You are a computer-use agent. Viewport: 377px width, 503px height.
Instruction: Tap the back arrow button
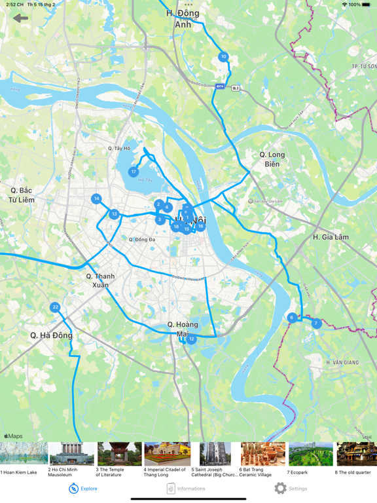[21, 18]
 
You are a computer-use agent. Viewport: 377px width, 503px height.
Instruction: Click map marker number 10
[223, 57]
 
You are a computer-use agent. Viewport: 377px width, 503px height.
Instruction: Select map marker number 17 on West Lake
[134, 172]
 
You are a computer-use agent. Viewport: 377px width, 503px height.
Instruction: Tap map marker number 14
[96, 198]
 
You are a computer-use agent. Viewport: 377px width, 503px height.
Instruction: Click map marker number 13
[115, 214]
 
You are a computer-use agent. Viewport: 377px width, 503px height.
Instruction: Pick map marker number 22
[55, 307]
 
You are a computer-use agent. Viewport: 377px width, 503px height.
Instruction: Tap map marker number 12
[191, 339]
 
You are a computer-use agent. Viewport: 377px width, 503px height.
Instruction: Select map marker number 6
[292, 318]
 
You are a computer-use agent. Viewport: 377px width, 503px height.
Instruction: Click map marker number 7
[316, 324]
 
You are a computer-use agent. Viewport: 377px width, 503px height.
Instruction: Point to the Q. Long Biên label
[272, 159]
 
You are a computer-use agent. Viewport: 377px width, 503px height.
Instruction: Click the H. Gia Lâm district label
[331, 237]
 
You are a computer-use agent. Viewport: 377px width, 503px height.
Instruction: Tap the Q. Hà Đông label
[51, 335]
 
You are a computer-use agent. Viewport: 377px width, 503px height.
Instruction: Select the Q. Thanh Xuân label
[100, 280]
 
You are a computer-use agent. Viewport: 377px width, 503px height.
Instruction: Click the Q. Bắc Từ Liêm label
[22, 195]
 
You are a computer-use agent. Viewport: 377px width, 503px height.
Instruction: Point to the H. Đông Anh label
[183, 18]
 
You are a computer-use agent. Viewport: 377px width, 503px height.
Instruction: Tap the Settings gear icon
[280, 488]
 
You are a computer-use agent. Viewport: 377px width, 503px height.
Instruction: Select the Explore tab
[83, 488]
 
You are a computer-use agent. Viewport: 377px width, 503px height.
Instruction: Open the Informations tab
[186, 488]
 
